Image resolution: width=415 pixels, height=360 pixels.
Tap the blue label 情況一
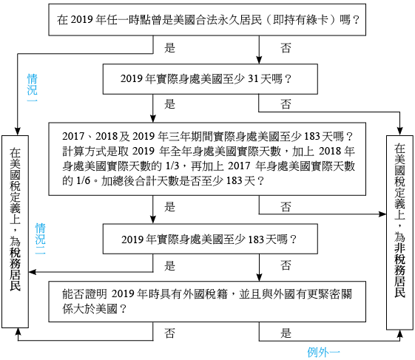tap(33, 88)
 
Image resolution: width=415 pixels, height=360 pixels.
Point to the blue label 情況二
tap(40, 239)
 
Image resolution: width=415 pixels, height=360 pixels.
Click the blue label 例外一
tap(323, 352)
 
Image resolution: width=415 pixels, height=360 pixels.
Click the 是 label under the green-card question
tap(169, 48)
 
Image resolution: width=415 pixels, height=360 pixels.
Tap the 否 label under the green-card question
tap(286, 48)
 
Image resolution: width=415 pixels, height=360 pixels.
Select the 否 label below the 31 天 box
tap(286, 104)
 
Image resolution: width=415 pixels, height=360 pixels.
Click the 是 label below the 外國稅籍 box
tap(286, 333)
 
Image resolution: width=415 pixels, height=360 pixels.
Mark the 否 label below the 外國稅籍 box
tap(169, 333)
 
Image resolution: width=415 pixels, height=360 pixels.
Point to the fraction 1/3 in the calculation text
tap(172, 166)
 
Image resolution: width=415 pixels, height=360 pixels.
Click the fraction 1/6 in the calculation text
tap(83, 181)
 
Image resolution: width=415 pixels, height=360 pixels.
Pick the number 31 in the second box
tap(253, 79)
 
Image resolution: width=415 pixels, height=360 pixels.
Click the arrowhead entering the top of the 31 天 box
tap(259, 60)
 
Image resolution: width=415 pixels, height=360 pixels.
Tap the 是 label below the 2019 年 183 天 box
tap(169, 265)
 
